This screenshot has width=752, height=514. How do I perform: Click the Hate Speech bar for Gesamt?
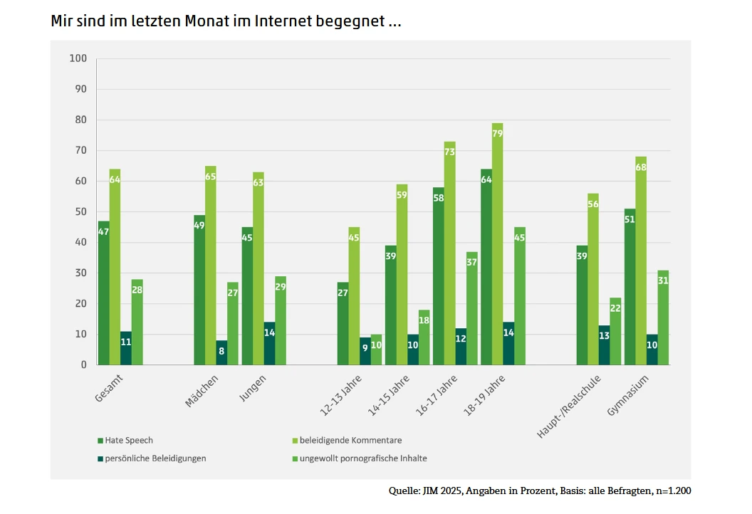click(103, 293)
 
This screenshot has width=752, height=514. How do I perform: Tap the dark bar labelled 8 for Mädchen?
click(222, 352)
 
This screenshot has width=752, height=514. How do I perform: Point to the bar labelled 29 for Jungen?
click(281, 320)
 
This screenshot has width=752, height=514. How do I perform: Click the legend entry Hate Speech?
click(128, 440)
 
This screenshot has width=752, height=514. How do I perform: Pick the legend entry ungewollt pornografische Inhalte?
click(373, 458)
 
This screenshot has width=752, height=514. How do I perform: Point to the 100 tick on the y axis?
click(78, 58)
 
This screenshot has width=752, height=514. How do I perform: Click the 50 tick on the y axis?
click(80, 211)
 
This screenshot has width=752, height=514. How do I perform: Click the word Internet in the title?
click(284, 21)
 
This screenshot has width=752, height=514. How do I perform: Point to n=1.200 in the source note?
click(670, 491)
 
